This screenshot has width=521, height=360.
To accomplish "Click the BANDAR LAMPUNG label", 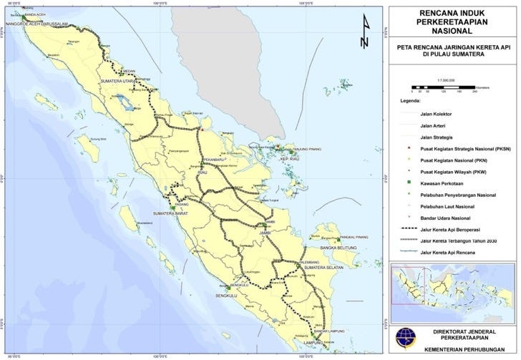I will (324, 331).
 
